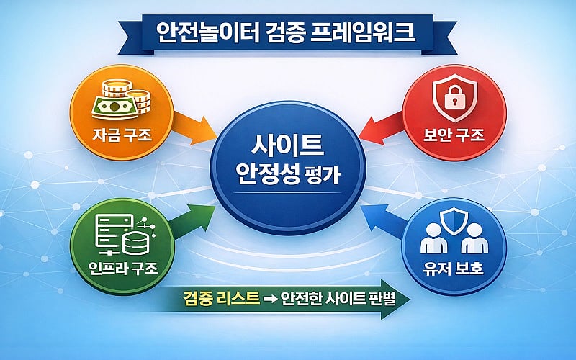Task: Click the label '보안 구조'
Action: point(455,133)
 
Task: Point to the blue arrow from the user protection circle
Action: point(382,220)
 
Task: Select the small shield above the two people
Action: point(454,220)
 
